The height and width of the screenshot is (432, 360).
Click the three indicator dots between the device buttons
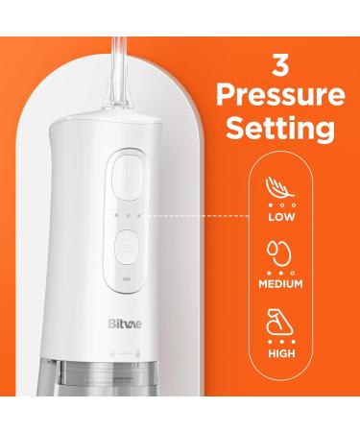tap(126, 214)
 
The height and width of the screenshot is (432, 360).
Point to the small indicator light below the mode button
tap(126, 282)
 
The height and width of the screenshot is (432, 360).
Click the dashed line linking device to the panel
tap(202, 214)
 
